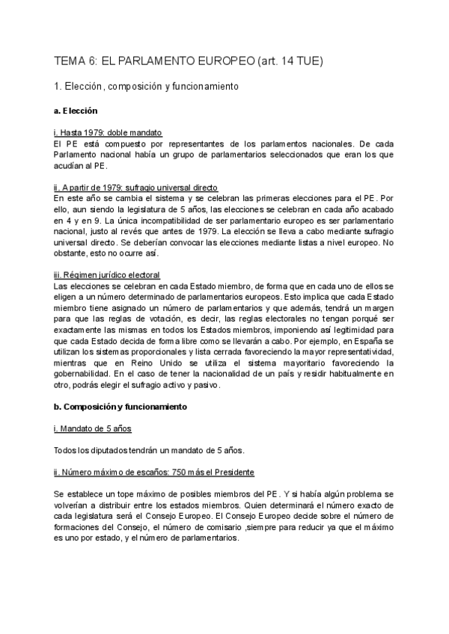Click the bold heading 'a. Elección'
click(76, 111)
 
